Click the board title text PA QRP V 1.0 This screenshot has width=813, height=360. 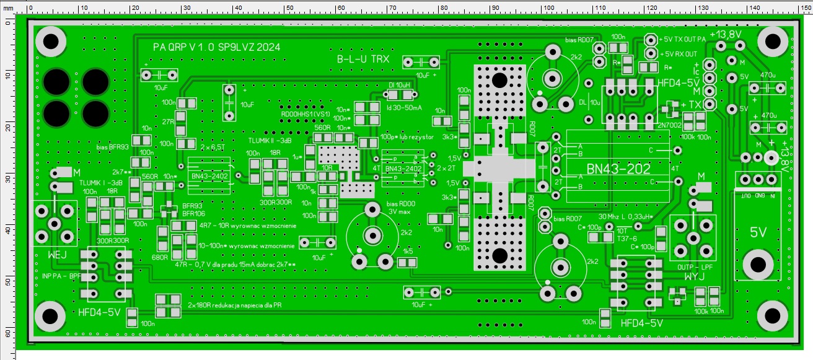click(x=186, y=47)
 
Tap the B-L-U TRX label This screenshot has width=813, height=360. click(x=363, y=59)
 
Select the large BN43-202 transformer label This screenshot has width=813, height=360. click(x=618, y=168)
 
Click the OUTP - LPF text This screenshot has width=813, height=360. click(x=695, y=266)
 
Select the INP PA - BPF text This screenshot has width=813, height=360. click(x=62, y=276)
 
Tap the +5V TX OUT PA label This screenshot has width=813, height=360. click(x=683, y=39)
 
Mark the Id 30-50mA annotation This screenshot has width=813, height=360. click(x=405, y=107)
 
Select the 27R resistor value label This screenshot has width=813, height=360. click(x=168, y=121)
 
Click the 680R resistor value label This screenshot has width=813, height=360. click(x=160, y=257)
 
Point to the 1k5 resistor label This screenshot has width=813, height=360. click(x=408, y=252)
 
